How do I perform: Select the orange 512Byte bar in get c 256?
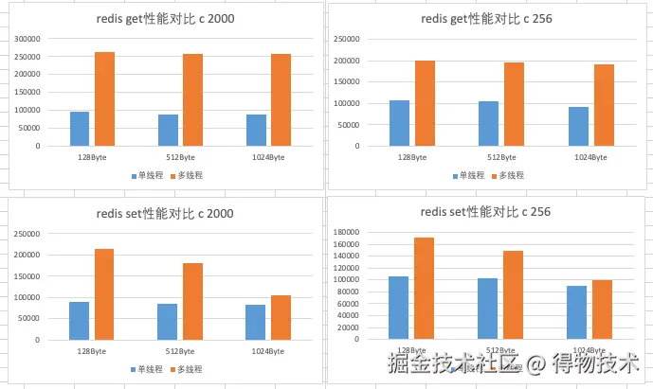pyautogui.click(x=514, y=105)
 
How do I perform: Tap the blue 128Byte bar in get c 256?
pyautogui.click(x=399, y=124)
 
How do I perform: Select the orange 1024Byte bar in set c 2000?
pyautogui.click(x=281, y=317)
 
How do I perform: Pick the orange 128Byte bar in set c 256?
pyautogui.click(x=424, y=288)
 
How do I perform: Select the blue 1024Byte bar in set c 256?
pyautogui.click(x=577, y=312)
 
